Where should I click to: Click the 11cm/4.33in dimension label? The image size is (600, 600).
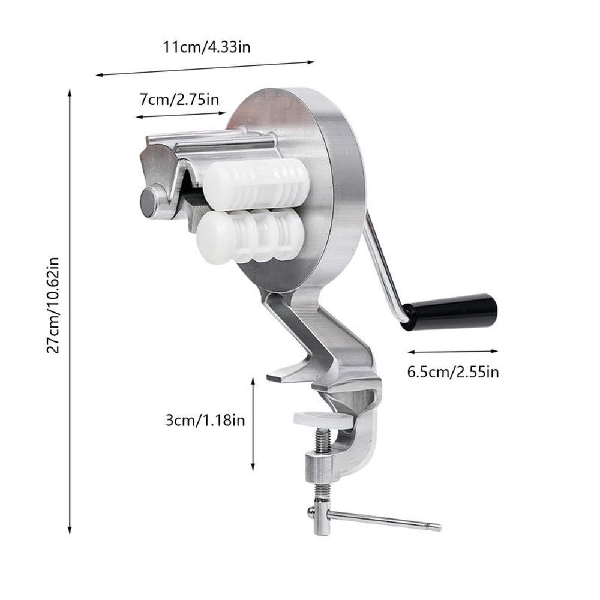(206, 47)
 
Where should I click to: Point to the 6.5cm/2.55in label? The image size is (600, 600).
(453, 371)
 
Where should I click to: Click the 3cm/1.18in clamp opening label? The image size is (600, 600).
(205, 420)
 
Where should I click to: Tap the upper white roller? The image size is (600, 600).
(258, 180)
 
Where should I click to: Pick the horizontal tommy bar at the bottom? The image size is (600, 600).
(378, 520)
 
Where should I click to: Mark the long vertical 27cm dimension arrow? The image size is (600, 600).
(70, 312)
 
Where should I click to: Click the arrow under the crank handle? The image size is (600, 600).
(453, 351)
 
